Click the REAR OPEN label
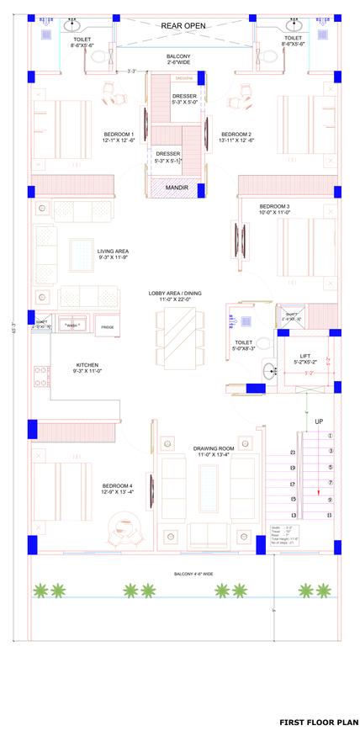(183, 25)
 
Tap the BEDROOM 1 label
(119, 134)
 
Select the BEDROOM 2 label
(236, 134)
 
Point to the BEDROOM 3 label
(274, 206)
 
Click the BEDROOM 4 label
(119, 485)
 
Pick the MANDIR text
(176, 188)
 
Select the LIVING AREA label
(113, 251)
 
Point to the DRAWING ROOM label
(212, 448)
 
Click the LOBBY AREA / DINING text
(170, 294)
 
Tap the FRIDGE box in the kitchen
(108, 326)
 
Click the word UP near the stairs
(319, 421)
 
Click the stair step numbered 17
(292, 483)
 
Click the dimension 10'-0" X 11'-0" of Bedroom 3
(274, 213)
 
